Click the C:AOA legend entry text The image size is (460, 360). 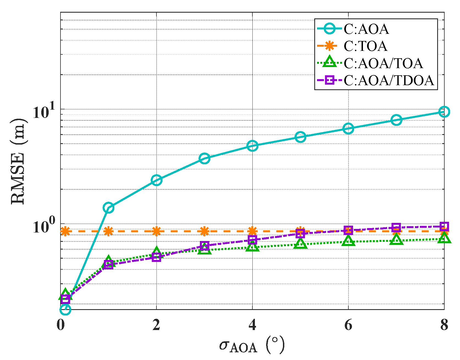(x=366, y=29)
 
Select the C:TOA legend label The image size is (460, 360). (x=365, y=46)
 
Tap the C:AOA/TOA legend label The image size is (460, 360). (x=383, y=63)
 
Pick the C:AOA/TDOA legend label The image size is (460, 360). (x=389, y=81)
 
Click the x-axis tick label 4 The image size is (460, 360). (x=252, y=325)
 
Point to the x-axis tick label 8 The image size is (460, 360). (x=444, y=325)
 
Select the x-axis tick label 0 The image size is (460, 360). (x=60, y=325)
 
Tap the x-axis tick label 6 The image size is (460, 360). (x=348, y=325)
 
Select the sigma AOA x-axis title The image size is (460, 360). (x=252, y=346)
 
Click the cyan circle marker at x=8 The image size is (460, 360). (x=444, y=112)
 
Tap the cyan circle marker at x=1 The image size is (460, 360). (x=108, y=208)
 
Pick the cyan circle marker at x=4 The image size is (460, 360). (x=252, y=146)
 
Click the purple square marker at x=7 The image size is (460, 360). (x=396, y=228)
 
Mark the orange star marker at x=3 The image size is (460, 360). (x=204, y=231)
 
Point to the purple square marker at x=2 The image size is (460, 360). (x=156, y=257)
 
